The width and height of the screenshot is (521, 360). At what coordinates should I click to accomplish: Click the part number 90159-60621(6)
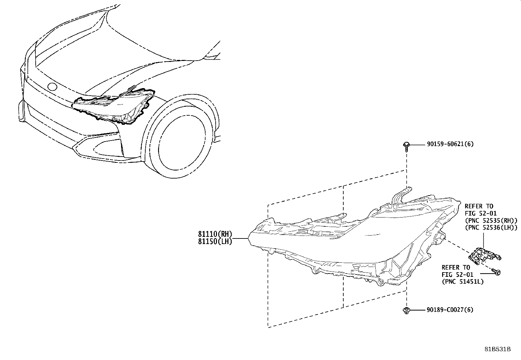450,144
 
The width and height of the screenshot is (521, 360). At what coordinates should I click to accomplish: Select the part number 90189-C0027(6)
450,310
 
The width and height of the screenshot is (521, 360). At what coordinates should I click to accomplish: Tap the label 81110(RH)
215,234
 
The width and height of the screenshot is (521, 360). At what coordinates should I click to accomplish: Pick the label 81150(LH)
215,241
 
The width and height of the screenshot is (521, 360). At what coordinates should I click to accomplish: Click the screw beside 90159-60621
406,147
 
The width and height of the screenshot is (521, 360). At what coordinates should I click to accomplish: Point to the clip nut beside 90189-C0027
406,311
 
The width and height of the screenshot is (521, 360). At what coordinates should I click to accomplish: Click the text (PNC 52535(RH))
491,220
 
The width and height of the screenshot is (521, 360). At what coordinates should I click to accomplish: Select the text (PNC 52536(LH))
491,227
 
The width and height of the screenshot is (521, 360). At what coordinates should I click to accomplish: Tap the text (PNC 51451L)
463,281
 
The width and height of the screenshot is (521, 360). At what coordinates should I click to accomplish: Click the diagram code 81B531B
497,349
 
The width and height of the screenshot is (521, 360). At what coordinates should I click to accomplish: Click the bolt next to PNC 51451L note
496,272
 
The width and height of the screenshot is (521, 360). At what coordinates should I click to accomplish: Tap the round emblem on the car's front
52,86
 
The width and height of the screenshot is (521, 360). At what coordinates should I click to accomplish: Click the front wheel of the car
181,142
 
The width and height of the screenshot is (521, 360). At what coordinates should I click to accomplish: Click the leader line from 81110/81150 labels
240,238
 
